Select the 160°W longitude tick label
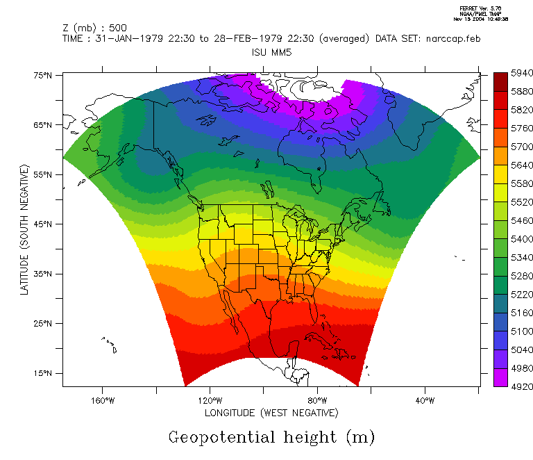click(x=102, y=400)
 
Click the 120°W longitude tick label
click(x=210, y=400)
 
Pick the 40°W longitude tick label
click(x=425, y=400)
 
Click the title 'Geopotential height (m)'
click(x=271, y=437)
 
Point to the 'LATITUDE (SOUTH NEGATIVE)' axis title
click(x=25, y=230)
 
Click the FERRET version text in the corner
click(x=480, y=8)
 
